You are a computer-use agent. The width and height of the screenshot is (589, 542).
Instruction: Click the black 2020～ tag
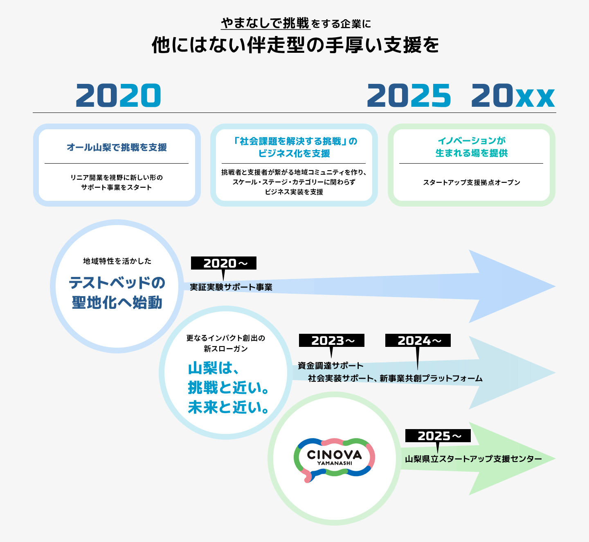point(224,263)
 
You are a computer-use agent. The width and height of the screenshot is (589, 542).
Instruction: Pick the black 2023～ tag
point(332,340)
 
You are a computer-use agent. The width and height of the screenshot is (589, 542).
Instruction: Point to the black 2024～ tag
point(418,340)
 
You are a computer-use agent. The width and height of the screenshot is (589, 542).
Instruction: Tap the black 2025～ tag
point(438,436)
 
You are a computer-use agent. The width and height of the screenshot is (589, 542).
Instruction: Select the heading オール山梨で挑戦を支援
point(117,147)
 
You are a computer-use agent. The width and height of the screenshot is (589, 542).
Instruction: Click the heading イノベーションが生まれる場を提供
point(471,147)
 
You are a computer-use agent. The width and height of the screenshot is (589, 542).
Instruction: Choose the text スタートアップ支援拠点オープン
point(471,182)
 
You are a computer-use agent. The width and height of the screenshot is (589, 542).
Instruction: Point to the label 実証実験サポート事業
point(231,287)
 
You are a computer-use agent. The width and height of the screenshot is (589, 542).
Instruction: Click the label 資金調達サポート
point(330,366)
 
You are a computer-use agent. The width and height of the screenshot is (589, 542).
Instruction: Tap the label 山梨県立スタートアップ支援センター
point(473,459)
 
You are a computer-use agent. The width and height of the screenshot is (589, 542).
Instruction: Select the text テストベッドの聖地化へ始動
point(117,292)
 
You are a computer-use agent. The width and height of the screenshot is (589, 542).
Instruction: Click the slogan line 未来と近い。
point(228,407)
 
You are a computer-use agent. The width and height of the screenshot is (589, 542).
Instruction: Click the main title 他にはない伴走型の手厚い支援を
point(295,45)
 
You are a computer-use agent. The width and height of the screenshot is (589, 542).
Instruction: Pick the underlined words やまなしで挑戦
point(265,23)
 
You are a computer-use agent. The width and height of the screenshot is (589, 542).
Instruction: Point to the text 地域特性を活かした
point(117,261)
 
